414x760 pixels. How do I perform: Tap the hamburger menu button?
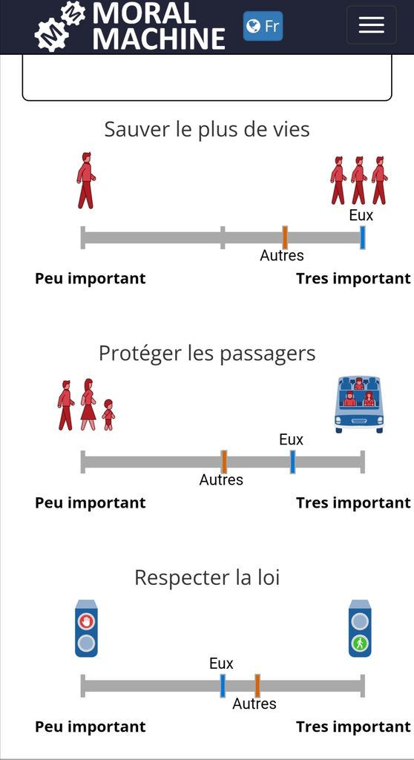pos(372,24)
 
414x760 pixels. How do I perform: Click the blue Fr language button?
pos(263,26)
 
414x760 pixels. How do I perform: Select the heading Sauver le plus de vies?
pos(207,130)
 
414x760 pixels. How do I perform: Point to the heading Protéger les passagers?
pos(207,354)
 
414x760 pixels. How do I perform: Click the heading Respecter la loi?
pos(207,577)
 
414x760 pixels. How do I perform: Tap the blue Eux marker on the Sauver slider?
pos(362,237)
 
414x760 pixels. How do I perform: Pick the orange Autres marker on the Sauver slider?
pos(285,237)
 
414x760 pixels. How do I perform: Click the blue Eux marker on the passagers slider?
pos(293,462)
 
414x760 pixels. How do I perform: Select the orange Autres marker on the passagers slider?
pos(224,462)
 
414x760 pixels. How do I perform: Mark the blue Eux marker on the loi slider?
pos(223,686)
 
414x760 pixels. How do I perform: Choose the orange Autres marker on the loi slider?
pos(257,686)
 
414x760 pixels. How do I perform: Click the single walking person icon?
pos(86,180)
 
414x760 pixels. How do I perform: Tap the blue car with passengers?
pos(359,404)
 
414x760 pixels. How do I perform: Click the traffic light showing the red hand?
pos(86,629)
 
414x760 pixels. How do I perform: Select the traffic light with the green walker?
pos(360,629)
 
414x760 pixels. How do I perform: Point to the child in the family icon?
pos(108,415)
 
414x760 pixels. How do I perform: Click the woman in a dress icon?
pos(88,404)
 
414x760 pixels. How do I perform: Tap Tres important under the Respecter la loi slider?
pos(353,727)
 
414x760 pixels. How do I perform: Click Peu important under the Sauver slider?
pos(91,279)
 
